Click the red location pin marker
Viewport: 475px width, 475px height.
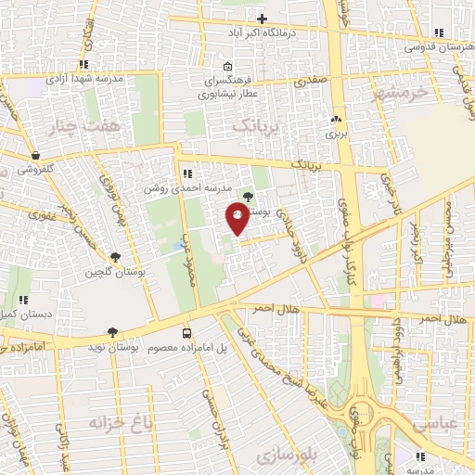[237, 217]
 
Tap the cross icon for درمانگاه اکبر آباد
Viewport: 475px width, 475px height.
[263, 19]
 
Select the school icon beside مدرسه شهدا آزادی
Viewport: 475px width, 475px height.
[84, 64]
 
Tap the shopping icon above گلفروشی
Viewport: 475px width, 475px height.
[34, 155]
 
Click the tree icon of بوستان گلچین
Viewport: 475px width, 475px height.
[115, 257]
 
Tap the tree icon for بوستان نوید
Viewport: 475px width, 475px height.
[112, 331]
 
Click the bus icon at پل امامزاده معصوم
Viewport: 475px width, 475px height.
[187, 332]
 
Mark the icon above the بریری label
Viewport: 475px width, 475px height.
[336, 119]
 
